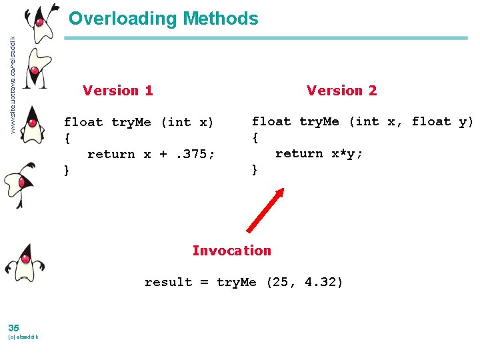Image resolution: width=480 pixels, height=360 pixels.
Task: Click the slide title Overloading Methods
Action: pos(163,19)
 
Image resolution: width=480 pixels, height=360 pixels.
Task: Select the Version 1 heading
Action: pos(117,91)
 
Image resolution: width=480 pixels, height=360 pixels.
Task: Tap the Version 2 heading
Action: pos(341,91)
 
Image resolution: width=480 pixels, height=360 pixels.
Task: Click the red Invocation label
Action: pos(231,251)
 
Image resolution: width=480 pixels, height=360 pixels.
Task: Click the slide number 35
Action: pos(14,327)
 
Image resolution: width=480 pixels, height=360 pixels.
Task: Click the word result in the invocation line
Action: pos(168,282)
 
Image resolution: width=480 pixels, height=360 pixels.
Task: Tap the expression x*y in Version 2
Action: pos(347,153)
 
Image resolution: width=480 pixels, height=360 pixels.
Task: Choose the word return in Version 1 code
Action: pos(111,154)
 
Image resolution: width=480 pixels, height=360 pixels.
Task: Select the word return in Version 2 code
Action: pos(299,153)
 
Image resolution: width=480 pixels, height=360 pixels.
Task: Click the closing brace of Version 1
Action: pos(67,170)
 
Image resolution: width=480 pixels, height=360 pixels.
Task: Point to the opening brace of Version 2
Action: pos(255,137)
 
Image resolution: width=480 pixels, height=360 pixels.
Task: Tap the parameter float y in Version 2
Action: pos(441,121)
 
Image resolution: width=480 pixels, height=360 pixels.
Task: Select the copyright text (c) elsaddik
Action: pos(23,337)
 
